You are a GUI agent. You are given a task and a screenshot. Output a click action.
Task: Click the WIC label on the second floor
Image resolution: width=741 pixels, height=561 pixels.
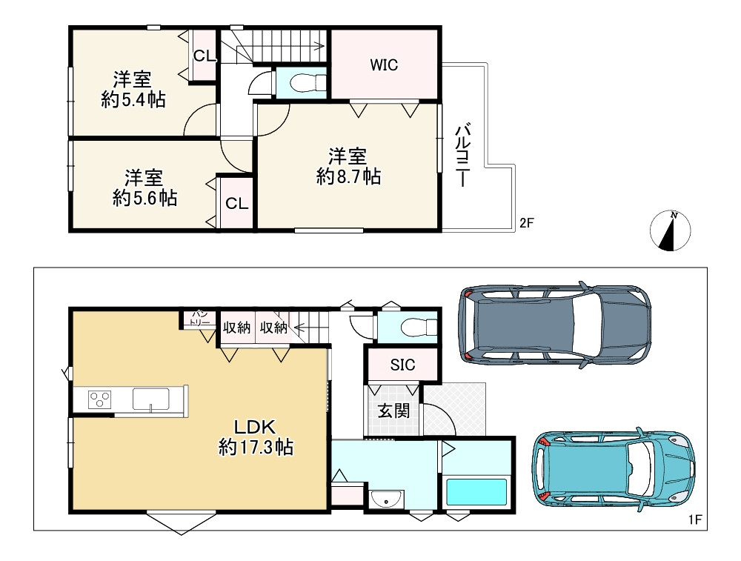384,64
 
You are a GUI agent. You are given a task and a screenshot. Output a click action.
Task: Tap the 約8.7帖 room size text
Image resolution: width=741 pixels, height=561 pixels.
348,177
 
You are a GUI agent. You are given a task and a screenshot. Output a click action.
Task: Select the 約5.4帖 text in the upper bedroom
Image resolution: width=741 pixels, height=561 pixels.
133,100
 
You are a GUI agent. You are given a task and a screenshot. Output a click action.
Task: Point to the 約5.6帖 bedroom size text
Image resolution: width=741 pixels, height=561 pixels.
144,198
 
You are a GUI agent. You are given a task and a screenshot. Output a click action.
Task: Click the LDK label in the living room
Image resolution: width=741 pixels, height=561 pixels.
255,427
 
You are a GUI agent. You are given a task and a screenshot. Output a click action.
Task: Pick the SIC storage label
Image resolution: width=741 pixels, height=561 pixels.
402,365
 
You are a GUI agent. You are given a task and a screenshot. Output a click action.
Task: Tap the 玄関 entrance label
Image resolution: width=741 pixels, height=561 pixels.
393,411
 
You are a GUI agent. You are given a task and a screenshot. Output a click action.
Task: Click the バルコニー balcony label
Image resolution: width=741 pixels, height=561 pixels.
462,155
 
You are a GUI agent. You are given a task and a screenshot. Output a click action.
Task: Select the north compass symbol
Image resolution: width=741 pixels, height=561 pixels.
670,230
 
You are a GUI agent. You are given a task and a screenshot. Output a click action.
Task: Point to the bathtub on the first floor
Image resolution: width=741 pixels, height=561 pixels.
476,492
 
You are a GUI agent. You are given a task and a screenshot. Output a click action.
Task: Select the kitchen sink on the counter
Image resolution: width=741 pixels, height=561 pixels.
151,400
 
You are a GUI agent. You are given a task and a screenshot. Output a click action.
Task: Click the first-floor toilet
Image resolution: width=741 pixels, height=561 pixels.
419,327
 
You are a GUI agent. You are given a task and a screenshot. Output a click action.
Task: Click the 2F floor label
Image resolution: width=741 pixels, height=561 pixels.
526,222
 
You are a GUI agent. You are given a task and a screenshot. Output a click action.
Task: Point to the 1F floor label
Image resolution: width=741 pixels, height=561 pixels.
695,520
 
